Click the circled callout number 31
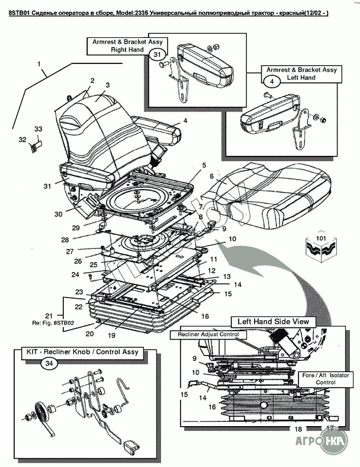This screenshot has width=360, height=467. [x=156, y=55]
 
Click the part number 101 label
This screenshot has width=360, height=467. [x=321, y=239]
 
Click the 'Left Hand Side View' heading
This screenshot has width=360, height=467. [x=273, y=321]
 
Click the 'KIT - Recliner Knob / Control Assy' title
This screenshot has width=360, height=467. [x=82, y=352]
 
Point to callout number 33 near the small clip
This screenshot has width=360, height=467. [x=38, y=129]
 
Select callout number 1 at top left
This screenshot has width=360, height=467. [x=39, y=63]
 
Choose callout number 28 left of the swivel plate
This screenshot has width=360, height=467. [x=65, y=239]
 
